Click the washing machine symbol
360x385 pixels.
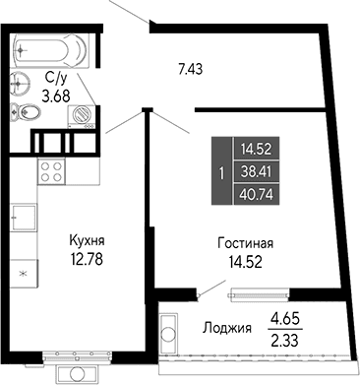(83, 116)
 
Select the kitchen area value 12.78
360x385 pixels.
(87, 260)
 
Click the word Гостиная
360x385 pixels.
(244, 243)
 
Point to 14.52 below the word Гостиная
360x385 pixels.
(244, 262)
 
